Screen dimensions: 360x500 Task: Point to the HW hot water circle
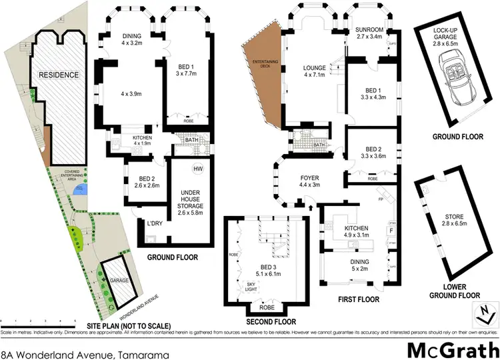[x=197, y=169]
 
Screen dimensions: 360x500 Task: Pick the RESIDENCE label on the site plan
[x=59, y=75]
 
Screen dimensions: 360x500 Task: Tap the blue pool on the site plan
[x=81, y=191]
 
